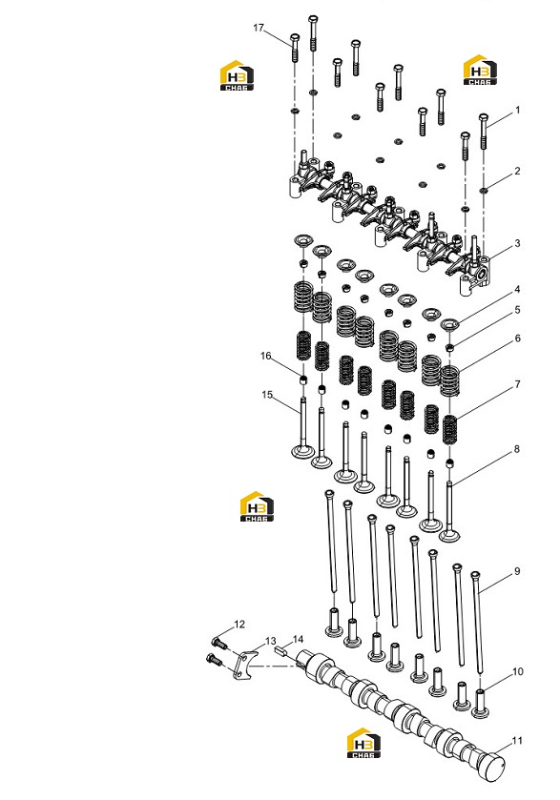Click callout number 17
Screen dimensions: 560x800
pos(259,28)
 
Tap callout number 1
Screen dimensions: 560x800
pos(518,110)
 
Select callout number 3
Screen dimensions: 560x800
pos(517,243)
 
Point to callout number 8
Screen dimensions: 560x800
pos(517,449)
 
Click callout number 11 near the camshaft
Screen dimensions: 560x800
pos(517,740)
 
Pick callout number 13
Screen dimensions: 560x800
pos(270,641)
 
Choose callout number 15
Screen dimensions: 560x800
pos(267,395)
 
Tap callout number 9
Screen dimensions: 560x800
pos(517,571)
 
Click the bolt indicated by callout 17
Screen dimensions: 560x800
pos(295,48)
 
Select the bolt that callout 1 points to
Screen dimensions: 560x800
pos(484,132)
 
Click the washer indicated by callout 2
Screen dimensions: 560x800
pos(484,191)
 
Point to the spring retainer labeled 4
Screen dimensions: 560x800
pos(449,324)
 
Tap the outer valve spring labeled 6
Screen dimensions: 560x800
pos(449,380)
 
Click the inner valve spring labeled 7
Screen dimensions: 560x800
pos(449,430)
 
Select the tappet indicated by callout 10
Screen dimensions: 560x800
pos(480,703)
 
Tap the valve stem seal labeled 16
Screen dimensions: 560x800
pos(303,379)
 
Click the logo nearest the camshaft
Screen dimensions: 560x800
pos(363,743)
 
